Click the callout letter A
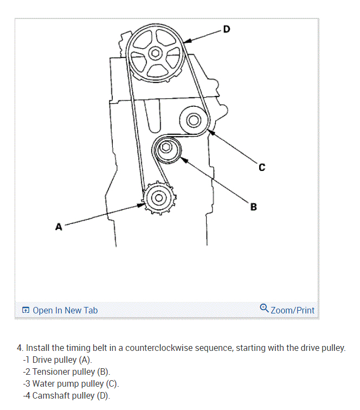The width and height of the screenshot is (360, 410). click(59, 227)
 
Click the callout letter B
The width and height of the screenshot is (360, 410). click(254, 207)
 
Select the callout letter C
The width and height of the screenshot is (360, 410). click(262, 167)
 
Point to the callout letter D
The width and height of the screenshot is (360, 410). click(226, 29)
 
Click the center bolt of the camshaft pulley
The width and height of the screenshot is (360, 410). click(155, 53)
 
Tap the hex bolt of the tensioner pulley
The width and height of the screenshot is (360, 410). click(167, 147)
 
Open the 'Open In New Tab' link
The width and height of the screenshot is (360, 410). click(65, 310)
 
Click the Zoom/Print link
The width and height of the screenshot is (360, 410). click(292, 310)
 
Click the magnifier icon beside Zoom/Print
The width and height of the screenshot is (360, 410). click(264, 309)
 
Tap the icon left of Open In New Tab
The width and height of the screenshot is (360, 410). click(25, 311)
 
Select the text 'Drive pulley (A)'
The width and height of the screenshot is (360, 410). click(62, 360)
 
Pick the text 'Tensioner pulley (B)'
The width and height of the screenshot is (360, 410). click(71, 371)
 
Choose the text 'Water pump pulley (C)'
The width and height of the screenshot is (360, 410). click(75, 383)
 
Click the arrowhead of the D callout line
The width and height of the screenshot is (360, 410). click(185, 41)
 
